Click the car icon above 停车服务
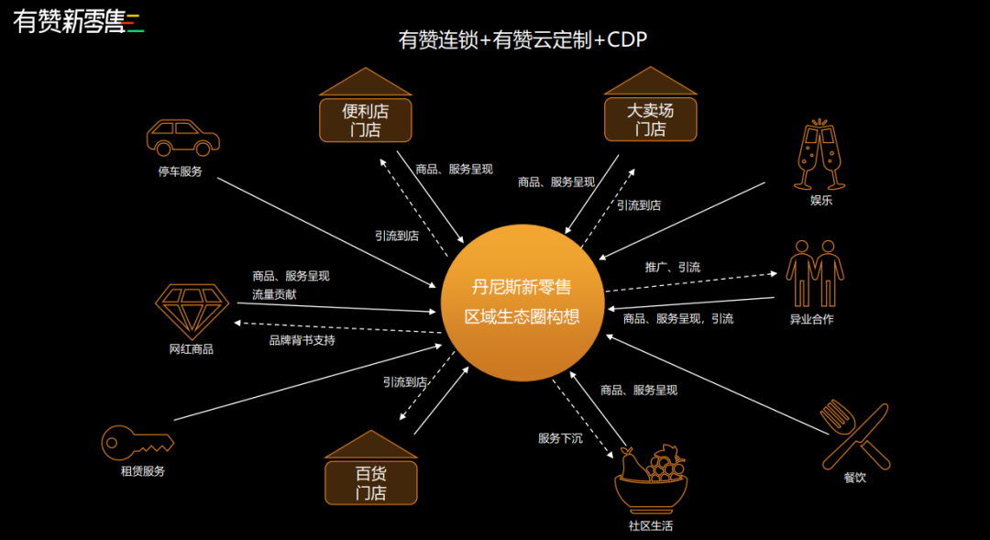(182, 138)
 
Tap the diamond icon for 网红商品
(192, 307)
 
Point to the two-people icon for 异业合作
(815, 272)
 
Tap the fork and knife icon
(854, 435)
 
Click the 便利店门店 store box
(366, 120)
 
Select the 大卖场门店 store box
(650, 120)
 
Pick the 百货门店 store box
(370, 482)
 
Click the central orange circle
(522, 302)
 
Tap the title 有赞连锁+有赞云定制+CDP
(522, 40)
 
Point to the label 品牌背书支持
(302, 340)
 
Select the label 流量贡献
(274, 294)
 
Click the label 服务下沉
(559, 438)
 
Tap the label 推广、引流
(672, 267)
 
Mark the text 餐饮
(854, 478)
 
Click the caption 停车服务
(180, 171)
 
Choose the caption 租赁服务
(142, 471)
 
